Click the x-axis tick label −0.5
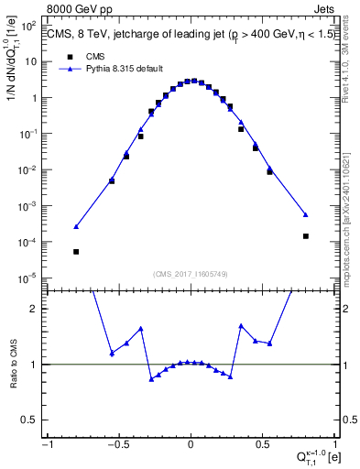pos(117,444)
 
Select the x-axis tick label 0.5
pos(263,444)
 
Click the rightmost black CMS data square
pos(306,235)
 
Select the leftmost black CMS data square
pos(76,251)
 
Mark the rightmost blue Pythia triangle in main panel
pos(306,214)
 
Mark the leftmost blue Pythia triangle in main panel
pos(76,226)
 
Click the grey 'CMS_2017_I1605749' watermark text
pos(191,274)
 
